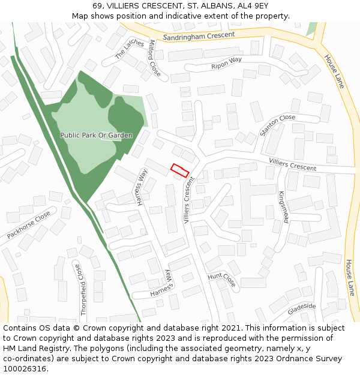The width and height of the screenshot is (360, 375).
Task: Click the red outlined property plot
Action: tap(180, 170)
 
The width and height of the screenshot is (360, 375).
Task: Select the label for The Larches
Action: tap(130, 49)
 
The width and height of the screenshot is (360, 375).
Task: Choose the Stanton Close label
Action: tap(278, 125)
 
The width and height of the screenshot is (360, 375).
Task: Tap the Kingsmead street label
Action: tap(283, 208)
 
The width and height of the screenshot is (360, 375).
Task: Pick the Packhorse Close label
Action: tap(29, 225)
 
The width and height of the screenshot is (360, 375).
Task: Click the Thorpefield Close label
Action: tap(82, 289)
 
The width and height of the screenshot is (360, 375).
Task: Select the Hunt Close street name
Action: tap(222, 278)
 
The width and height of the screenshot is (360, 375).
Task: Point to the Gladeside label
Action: tap(301, 308)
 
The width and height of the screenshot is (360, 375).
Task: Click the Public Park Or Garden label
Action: tap(96, 136)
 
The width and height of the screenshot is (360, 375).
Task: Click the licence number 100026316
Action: tap(25, 369)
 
